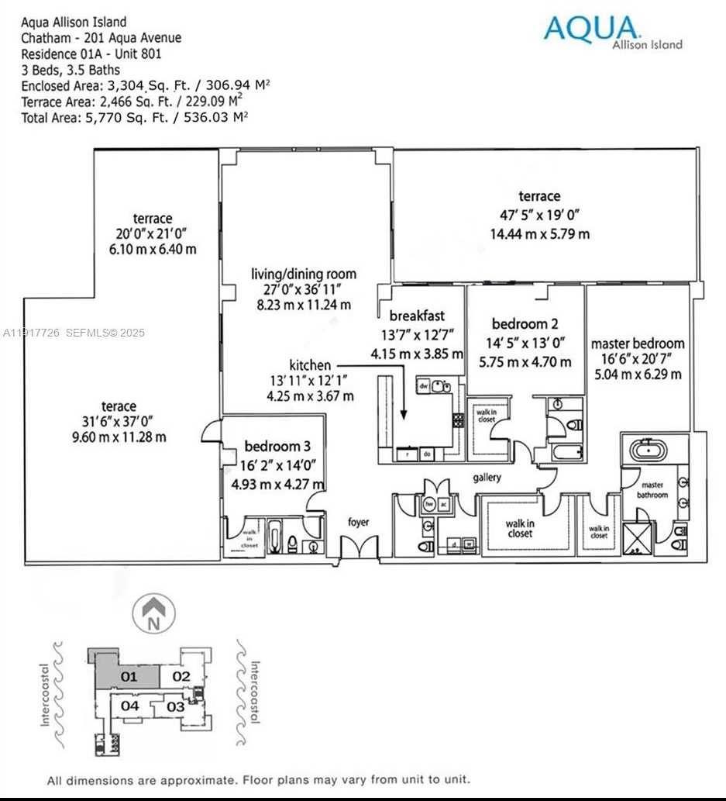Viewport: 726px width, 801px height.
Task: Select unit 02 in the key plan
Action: [x=181, y=676]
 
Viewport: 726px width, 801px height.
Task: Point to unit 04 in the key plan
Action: [x=129, y=706]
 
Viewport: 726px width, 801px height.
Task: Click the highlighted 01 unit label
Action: [x=129, y=676]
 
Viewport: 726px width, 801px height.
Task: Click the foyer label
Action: [x=358, y=522]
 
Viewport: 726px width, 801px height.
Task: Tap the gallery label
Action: [x=487, y=478]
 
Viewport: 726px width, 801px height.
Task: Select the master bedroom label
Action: [x=638, y=344]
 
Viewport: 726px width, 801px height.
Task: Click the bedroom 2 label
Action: [x=525, y=324]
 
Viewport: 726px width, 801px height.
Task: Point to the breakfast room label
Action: [x=417, y=316]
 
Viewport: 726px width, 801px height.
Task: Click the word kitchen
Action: [x=310, y=364]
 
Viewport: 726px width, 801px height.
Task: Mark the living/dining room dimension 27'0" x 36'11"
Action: [x=304, y=289]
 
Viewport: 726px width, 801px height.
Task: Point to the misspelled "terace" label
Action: [x=119, y=406]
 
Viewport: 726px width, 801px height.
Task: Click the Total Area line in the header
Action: [x=134, y=116]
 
